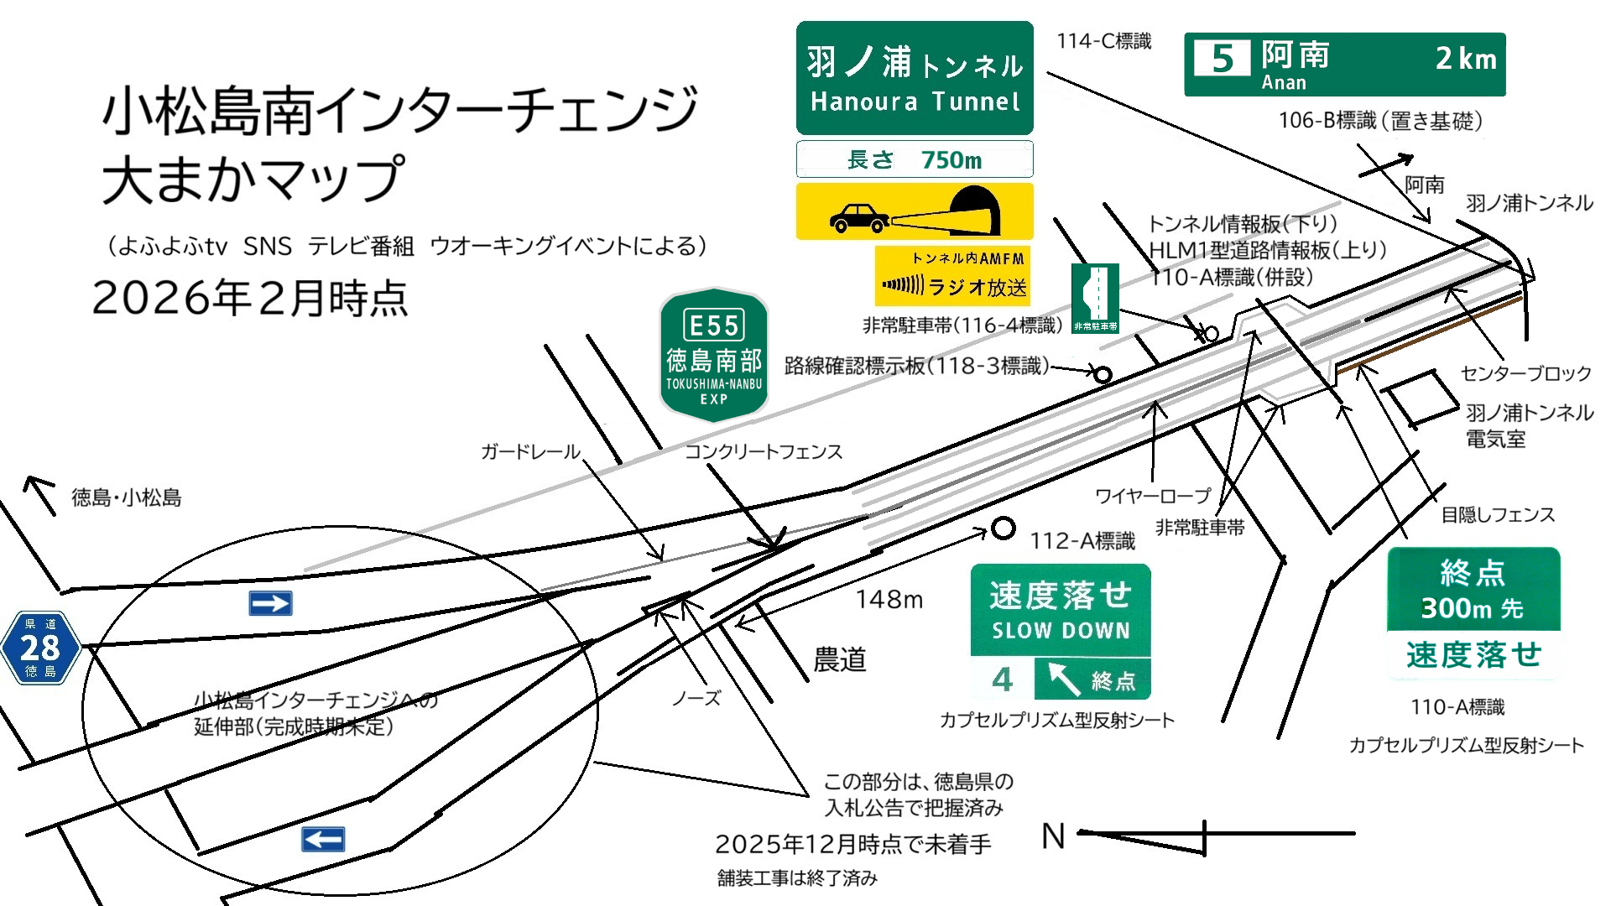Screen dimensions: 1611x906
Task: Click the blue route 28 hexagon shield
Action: pos(40,648)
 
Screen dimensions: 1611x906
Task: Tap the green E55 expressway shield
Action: pos(714,355)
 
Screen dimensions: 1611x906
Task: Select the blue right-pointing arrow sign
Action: pos(270,603)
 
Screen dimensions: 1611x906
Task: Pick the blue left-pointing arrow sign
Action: pos(323,839)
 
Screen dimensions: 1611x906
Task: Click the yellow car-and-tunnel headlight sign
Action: pos(915,211)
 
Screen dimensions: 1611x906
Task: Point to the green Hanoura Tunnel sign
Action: pos(915,78)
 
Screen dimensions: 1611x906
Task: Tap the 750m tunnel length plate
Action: pos(915,159)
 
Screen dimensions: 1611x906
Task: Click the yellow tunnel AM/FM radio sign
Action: pos(952,276)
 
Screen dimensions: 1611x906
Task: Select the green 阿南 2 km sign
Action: pos(1344,65)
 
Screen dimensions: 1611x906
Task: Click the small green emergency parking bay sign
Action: pos(1096,299)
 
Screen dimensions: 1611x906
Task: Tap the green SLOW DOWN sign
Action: pos(1061,632)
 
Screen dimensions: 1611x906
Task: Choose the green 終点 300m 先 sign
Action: pos(1473,612)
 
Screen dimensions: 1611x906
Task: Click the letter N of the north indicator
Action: pos(1053,836)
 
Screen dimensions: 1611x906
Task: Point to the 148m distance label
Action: pos(889,599)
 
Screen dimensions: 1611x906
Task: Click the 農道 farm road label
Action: pos(839,660)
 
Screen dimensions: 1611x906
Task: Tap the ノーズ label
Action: pos(696,698)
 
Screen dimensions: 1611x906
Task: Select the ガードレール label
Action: pos(530,452)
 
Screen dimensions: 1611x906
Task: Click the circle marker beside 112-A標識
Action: pos(1003,528)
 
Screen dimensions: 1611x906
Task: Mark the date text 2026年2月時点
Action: pos(250,298)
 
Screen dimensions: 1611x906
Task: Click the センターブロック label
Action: pos(1525,373)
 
